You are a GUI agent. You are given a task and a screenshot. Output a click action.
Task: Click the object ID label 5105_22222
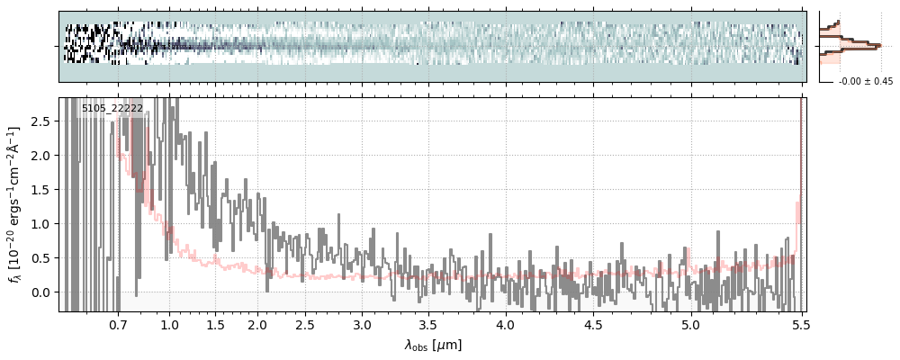coord(112,109)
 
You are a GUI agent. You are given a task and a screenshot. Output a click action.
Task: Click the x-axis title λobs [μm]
coord(432,345)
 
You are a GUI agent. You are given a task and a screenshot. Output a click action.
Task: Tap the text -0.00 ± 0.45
coord(865,82)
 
